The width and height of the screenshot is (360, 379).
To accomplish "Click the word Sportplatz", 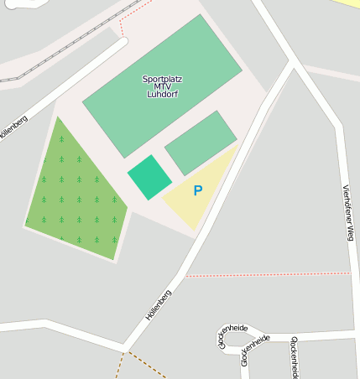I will (x=162, y=79).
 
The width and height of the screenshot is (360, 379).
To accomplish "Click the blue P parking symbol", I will (x=198, y=190).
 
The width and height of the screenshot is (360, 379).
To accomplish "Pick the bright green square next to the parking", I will (x=149, y=177).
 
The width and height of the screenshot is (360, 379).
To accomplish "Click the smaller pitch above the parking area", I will (x=201, y=143).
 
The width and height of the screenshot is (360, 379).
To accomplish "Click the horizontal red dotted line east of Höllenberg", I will (x=269, y=274).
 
